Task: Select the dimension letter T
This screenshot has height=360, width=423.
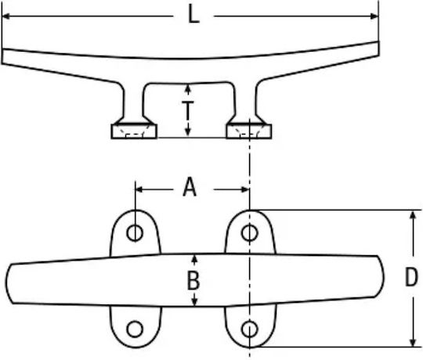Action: tap(188, 110)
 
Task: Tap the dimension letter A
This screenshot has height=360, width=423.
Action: tap(190, 187)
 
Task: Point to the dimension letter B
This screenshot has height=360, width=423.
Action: tap(193, 281)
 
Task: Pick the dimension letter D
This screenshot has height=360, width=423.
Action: tap(411, 277)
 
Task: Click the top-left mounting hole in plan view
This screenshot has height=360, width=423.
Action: tap(135, 232)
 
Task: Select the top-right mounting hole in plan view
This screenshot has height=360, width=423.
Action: tap(250, 232)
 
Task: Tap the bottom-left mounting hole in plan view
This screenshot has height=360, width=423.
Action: tap(135, 329)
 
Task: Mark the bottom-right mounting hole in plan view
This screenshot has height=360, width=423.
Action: tap(250, 329)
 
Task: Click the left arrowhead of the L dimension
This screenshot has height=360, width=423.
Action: tap(6, 16)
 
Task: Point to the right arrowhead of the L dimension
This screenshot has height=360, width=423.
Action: tap(375, 16)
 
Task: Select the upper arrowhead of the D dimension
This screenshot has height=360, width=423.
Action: tap(413, 214)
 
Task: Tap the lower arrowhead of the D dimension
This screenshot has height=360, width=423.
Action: tap(413, 342)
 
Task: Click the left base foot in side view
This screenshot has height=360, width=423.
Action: tap(134, 131)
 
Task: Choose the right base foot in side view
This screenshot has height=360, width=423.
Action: tap(249, 131)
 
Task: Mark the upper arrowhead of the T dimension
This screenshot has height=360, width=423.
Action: tap(188, 88)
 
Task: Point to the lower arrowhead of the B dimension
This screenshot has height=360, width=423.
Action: tap(195, 302)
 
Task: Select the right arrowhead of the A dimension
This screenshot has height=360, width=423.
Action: tap(245, 189)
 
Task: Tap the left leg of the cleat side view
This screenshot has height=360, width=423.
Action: tap(133, 103)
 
